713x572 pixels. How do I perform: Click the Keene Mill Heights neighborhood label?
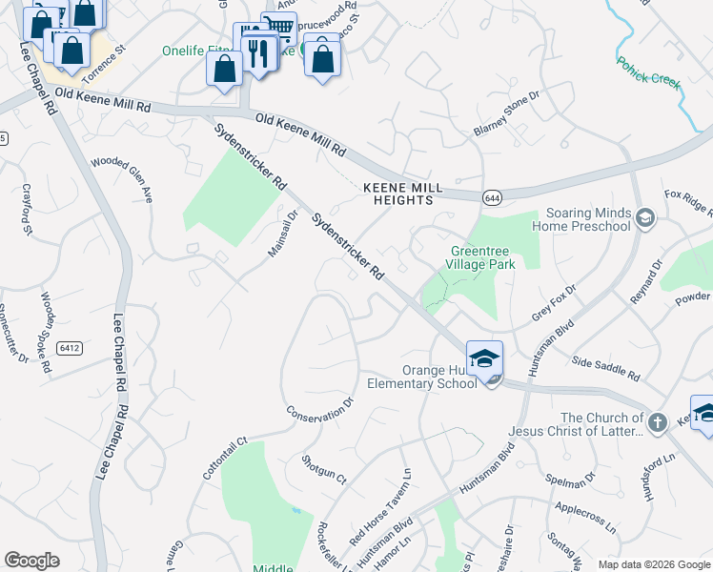[x=399, y=194]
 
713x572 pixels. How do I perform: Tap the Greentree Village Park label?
[x=482, y=258]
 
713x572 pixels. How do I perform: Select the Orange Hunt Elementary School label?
[x=424, y=378]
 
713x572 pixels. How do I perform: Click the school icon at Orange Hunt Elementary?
[x=485, y=359]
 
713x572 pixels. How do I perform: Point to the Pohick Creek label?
[x=648, y=72]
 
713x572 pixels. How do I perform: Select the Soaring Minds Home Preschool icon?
[x=645, y=219]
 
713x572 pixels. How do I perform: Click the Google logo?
[x=31, y=561]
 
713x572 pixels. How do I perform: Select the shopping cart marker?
[x=277, y=28]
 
